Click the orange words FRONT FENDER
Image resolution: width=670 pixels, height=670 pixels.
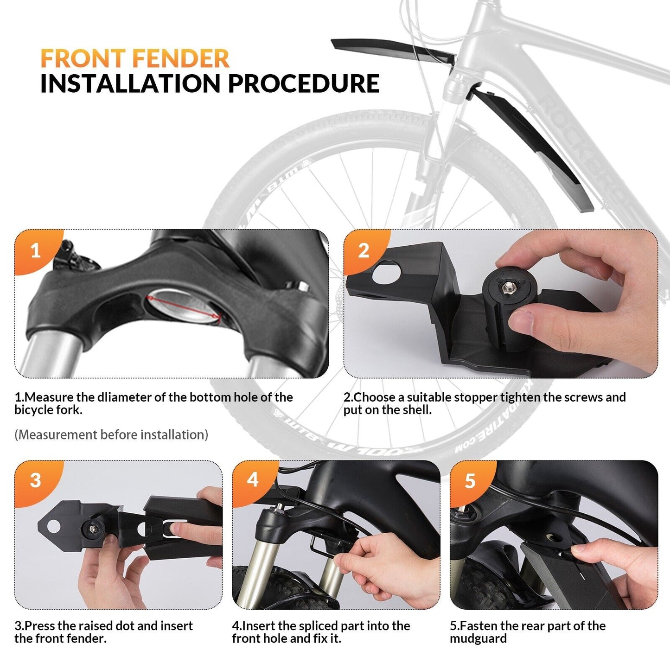pos(134,59)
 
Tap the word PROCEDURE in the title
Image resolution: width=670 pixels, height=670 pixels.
pos(303,84)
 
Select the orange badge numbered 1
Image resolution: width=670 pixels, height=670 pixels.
pos(35,251)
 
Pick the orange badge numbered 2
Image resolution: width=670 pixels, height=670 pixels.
pos(364,251)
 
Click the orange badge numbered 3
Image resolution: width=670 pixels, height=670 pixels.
pos(35,480)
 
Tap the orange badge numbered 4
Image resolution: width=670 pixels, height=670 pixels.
pos(253,479)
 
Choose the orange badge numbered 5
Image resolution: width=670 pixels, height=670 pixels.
pos(470,481)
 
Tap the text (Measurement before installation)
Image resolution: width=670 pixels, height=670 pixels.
pos(111,435)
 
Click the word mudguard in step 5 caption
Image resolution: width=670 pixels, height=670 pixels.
pos(478,639)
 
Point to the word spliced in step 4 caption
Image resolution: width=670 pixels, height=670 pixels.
pos(319,626)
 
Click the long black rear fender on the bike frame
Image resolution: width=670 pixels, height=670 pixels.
pos(533,148)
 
